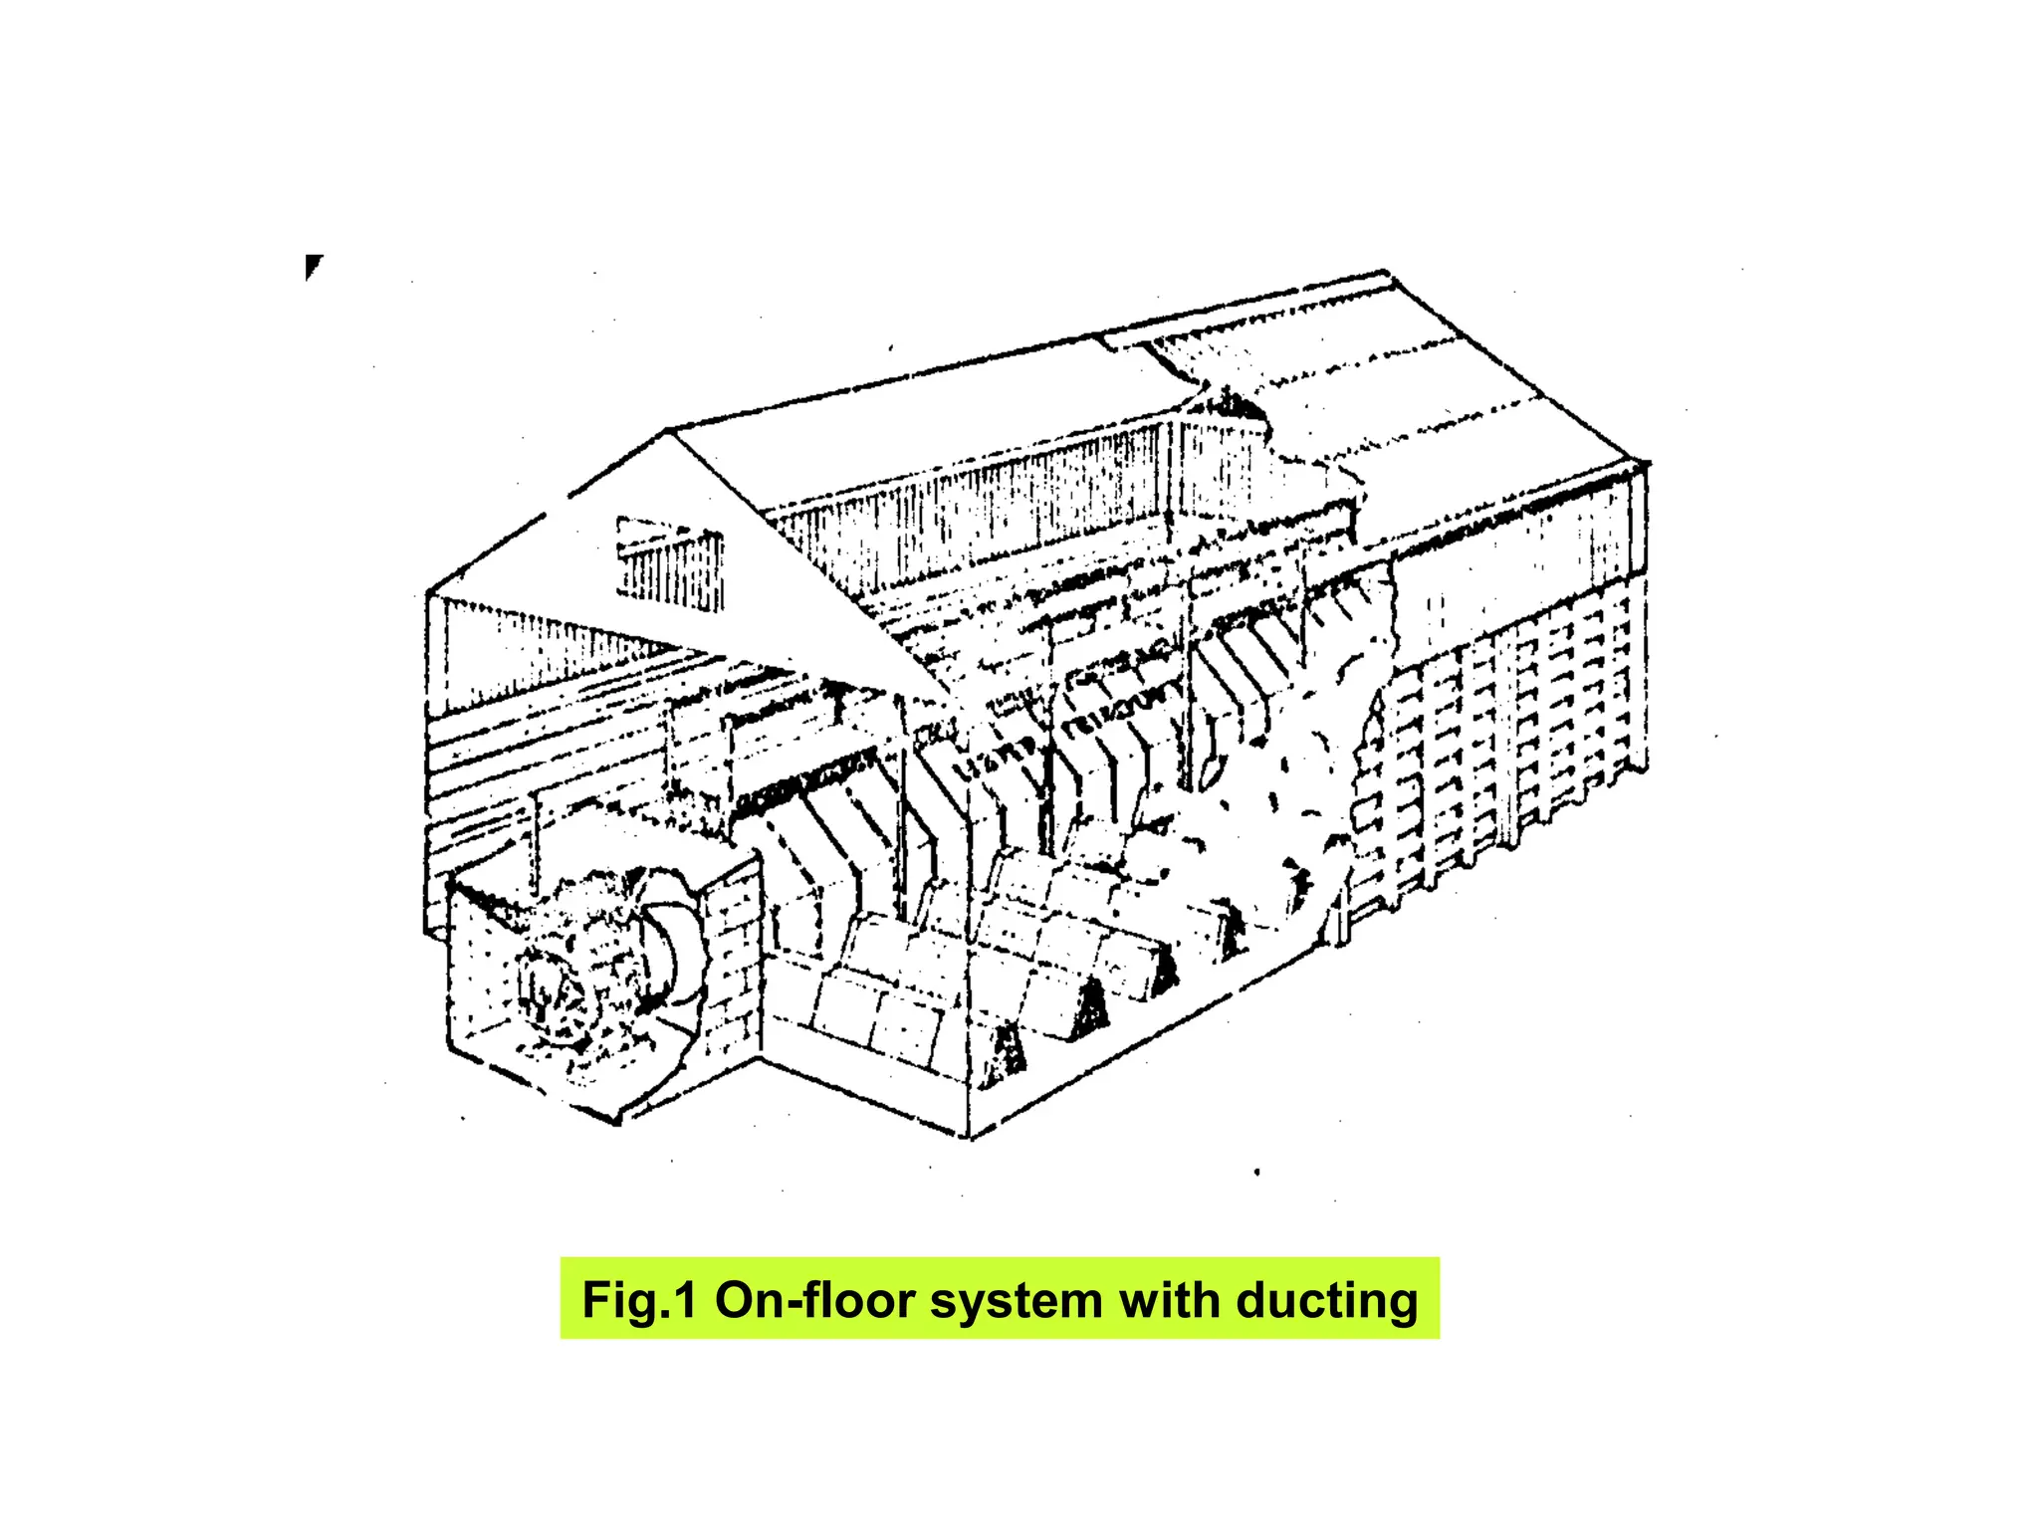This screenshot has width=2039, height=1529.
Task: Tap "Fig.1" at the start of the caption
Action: pyautogui.click(x=638, y=1300)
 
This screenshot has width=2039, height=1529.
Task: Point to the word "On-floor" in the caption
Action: pyautogui.click(x=813, y=1300)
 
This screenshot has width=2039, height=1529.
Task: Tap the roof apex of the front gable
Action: pyautogui.click(x=667, y=432)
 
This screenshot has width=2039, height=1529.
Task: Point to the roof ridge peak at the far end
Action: pyautogui.click(x=1386, y=271)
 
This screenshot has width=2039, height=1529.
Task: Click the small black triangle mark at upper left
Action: pyautogui.click(x=313, y=266)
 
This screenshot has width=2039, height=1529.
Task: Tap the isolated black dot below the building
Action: pyautogui.click(x=1257, y=1172)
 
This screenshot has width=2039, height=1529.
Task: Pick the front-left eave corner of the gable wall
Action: pyautogui.click(x=429, y=593)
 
